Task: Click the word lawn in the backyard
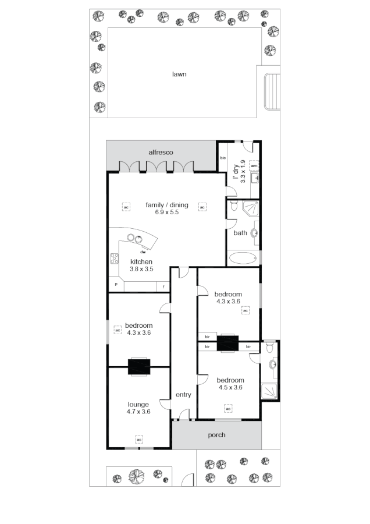point(179,74)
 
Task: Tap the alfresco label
point(161,152)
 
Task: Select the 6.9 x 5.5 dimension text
point(166,213)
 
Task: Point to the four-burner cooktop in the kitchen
point(114,259)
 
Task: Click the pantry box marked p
point(116,285)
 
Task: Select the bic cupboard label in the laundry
point(222,158)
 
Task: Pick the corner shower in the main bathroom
point(251,208)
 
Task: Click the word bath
point(240,233)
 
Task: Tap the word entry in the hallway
point(183,395)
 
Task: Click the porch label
point(216,435)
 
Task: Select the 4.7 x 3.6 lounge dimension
point(138,412)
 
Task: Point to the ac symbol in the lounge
point(139,439)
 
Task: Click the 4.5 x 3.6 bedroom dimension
point(230,387)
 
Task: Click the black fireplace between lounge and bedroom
point(139,367)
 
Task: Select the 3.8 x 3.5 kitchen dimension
point(141,269)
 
